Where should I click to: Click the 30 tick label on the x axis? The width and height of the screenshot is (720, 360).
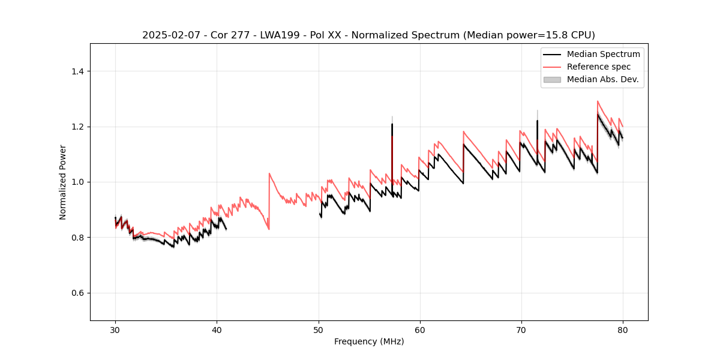115,329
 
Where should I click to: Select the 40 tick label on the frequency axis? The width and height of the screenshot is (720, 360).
217,329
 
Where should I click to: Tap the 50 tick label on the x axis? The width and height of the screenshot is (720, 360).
318,329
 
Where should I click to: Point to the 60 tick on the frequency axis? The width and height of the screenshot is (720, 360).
419,329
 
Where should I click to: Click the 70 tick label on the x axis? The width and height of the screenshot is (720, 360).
521,329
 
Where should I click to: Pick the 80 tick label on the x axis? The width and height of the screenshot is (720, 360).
622,329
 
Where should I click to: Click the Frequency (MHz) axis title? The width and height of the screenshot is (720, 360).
369,341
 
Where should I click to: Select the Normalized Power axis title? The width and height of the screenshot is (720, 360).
62,182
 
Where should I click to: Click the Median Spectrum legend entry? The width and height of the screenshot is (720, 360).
603,54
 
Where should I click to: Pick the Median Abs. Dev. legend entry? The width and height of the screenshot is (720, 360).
602,79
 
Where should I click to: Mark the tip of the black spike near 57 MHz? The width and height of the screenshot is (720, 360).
392,124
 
